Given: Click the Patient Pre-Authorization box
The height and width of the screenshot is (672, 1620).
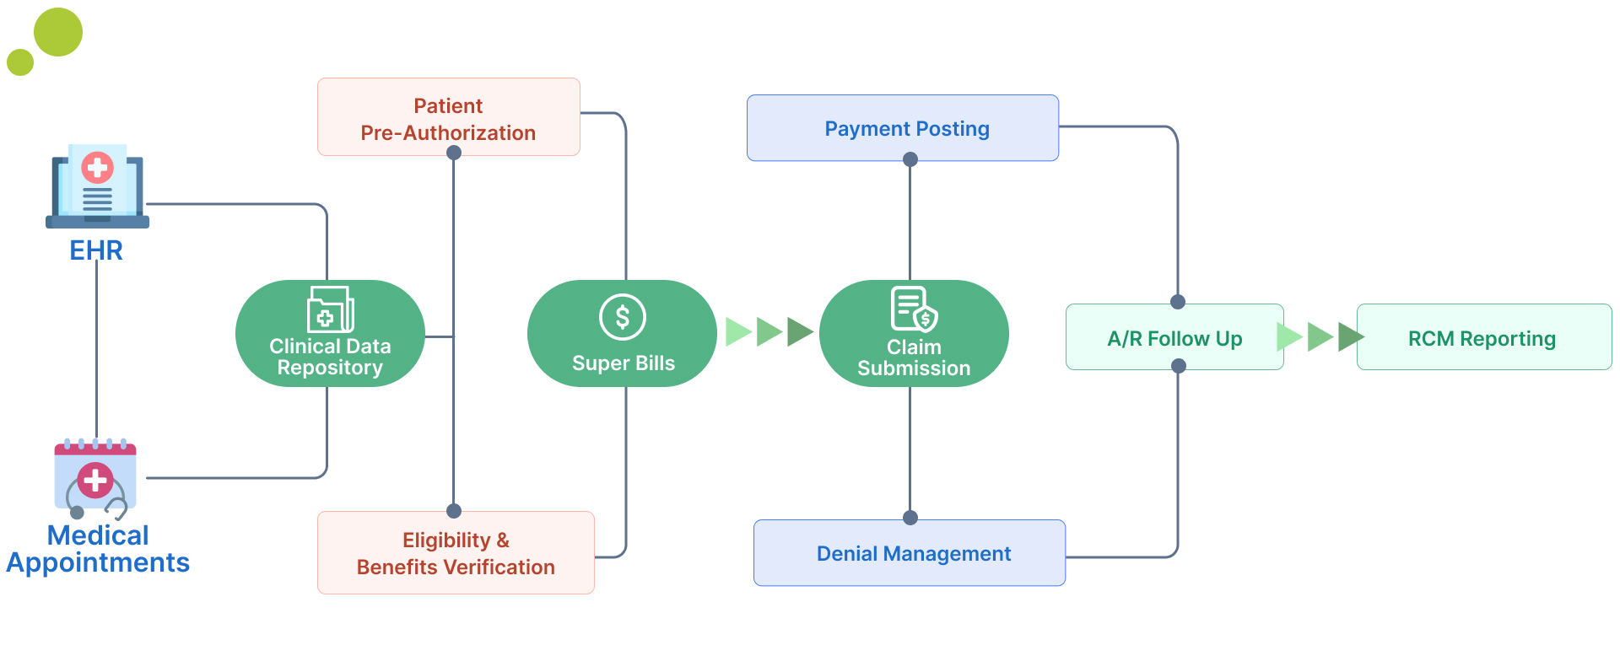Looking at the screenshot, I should click(x=448, y=117).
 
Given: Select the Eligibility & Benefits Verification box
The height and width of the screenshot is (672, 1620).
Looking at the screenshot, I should click(x=456, y=552).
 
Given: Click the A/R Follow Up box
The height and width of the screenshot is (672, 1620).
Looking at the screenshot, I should click(x=1174, y=337).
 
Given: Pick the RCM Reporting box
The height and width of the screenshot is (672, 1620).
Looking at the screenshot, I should click(x=1483, y=337).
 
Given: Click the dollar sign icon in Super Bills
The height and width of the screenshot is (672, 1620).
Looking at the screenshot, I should click(x=623, y=317).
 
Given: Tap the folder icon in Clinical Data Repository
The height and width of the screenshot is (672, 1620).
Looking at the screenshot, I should click(x=330, y=309).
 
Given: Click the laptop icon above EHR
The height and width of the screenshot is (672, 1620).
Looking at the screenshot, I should click(x=97, y=188).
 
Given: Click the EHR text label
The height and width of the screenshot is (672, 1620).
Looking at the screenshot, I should click(x=96, y=250).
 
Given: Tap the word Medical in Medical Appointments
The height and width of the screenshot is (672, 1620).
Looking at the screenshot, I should click(x=98, y=535).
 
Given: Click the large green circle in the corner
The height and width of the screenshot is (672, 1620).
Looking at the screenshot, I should click(x=58, y=32).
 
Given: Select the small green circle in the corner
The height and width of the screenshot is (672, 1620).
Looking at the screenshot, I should click(x=20, y=62).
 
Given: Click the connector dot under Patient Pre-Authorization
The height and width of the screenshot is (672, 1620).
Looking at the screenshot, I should click(x=454, y=153).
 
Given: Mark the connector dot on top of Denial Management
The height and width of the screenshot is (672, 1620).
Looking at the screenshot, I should click(x=910, y=518).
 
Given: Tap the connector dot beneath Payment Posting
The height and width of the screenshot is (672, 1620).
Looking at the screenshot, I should click(x=910, y=159).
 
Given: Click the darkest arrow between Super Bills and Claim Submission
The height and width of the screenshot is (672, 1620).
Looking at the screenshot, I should click(x=799, y=331).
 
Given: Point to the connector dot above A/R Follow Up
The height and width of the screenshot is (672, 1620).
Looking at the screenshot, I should click(x=1178, y=302).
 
